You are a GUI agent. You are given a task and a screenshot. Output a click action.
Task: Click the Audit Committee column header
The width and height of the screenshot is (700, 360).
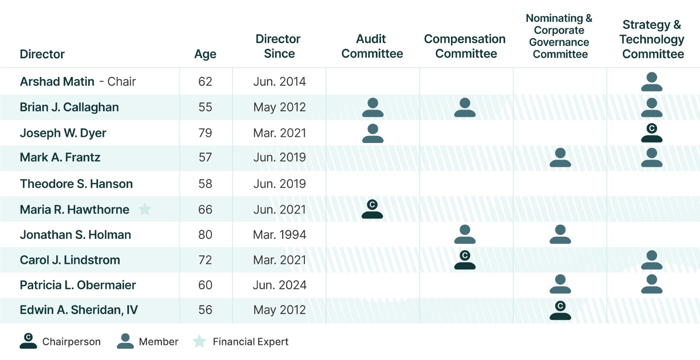point(372,46)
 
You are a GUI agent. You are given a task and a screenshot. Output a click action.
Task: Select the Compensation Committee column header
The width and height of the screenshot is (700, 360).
point(465,46)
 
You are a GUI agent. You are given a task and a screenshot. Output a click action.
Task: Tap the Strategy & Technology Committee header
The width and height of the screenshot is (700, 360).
point(652,39)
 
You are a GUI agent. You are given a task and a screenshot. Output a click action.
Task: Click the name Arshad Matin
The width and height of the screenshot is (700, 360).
point(57,81)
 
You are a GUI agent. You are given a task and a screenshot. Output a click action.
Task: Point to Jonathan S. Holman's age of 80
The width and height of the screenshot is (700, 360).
point(205,235)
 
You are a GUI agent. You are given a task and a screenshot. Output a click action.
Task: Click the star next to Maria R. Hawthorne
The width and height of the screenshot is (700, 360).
point(145,209)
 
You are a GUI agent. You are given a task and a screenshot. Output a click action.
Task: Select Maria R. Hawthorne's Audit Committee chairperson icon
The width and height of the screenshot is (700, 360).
point(372,209)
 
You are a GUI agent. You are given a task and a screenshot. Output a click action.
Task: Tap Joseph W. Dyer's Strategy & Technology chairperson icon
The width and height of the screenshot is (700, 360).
point(652,133)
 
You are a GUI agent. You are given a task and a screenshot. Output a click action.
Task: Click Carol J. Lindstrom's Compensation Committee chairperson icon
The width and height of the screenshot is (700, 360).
point(465,260)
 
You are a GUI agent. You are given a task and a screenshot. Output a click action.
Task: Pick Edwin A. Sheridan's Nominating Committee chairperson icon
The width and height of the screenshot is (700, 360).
point(560,310)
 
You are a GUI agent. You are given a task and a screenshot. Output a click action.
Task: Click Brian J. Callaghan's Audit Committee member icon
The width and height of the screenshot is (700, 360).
point(373,107)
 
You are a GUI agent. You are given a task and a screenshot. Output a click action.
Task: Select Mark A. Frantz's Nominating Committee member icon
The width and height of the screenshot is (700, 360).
point(560,158)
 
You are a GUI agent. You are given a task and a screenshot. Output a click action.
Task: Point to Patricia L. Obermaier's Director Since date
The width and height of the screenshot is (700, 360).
point(280,285)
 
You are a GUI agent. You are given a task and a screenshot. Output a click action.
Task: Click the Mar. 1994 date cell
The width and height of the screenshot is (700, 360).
point(280,235)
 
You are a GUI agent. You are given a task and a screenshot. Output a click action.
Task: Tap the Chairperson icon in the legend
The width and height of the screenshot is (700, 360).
point(28,341)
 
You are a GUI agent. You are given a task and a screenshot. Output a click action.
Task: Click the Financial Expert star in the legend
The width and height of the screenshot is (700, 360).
point(199,341)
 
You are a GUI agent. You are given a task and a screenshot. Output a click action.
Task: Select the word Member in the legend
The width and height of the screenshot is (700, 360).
point(159,342)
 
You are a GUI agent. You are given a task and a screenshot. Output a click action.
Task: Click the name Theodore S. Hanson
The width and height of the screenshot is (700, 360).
point(76,184)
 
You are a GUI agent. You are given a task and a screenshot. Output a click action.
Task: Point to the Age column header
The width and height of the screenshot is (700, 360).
point(205,54)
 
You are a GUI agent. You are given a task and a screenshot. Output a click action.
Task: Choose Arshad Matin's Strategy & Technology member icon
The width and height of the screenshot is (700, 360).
point(652,82)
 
